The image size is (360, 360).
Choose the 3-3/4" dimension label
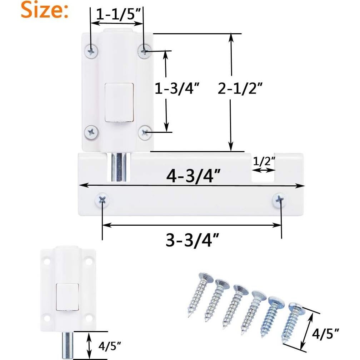(192, 241)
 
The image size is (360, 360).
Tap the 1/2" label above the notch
(264, 161)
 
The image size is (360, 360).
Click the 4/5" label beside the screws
(325, 335)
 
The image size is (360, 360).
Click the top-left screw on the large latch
(91, 51)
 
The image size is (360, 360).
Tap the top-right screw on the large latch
(144, 52)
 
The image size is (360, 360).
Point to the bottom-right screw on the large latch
(145, 132)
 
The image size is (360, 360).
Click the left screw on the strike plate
(102, 200)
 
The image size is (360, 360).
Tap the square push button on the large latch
(119, 101)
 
